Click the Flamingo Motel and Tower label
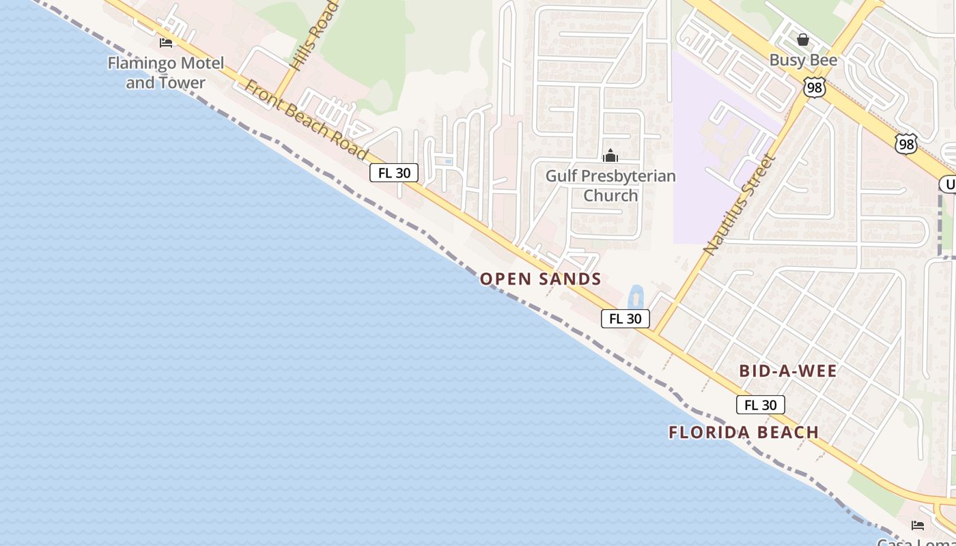(165, 73)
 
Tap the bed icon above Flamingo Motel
(166, 42)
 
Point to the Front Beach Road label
(307, 120)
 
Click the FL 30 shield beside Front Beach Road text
(394, 173)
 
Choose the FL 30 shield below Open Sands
(625, 319)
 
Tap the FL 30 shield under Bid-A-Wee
(760, 405)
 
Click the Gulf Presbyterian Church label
(610, 186)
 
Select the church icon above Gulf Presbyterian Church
(610, 156)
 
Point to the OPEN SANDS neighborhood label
(540, 278)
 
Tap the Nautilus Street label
(740, 205)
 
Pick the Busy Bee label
(803, 60)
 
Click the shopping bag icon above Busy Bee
(803, 40)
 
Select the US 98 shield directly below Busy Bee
(815, 87)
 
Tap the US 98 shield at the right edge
(906, 144)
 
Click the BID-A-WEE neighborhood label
(788, 371)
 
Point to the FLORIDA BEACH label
(744, 432)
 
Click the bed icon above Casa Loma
(918, 525)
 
